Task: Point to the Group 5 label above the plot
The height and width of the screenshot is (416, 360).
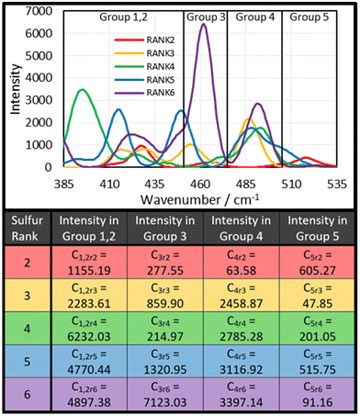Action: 309,17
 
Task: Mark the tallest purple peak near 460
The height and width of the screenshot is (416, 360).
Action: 203,26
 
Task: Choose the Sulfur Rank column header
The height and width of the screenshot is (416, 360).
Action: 27,235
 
